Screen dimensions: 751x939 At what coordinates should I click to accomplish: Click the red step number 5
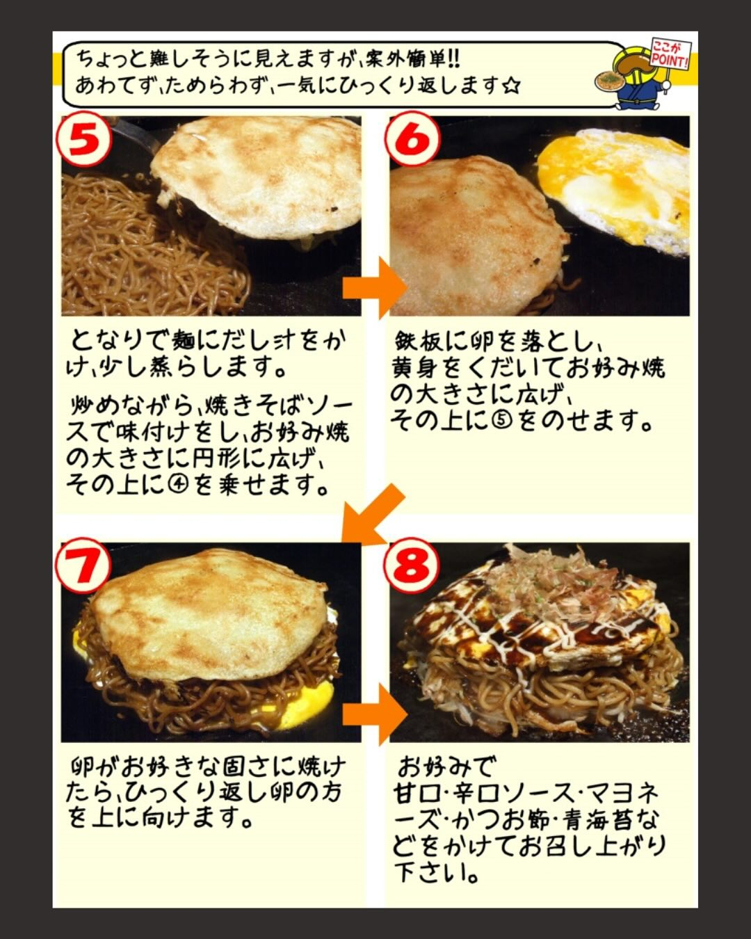point(83,141)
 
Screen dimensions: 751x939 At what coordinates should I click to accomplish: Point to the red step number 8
point(411,565)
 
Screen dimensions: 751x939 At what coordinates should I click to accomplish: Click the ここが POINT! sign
point(670,54)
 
